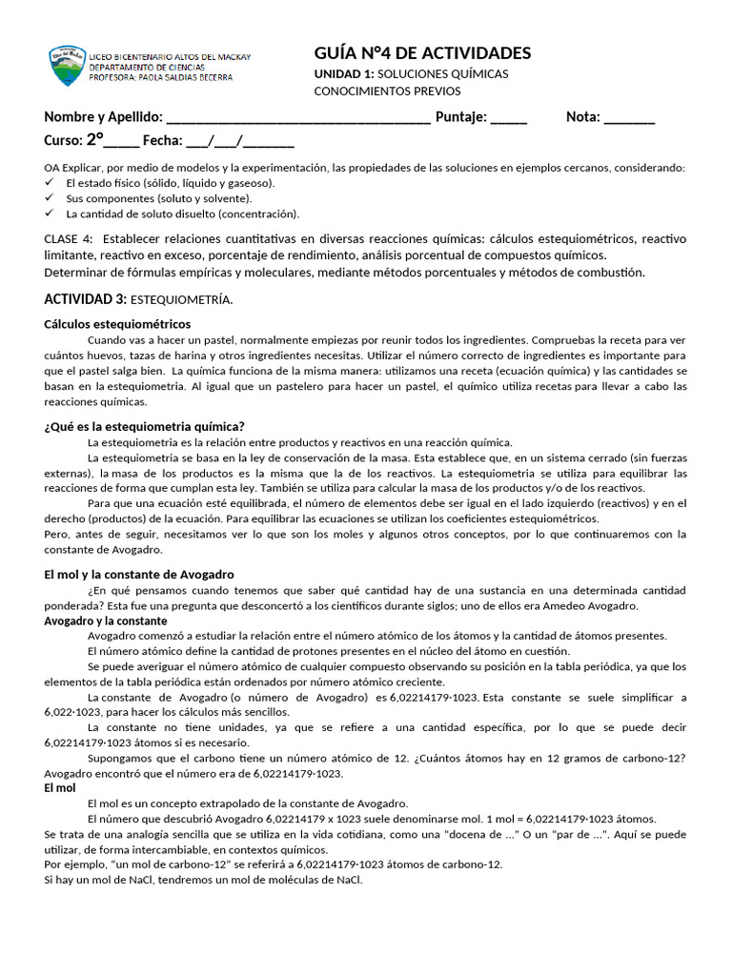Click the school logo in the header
point(67,66)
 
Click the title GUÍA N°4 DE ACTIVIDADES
point(422,52)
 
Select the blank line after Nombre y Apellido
point(298,118)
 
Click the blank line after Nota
point(629,118)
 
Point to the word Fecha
point(162,141)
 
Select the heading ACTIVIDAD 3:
point(85,299)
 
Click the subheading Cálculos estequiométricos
point(117,324)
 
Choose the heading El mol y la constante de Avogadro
point(139,575)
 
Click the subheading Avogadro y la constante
point(106,620)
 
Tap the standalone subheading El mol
point(60,788)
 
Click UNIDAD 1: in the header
point(344,74)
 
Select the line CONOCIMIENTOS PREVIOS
point(387,91)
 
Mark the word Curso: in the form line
point(63,141)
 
